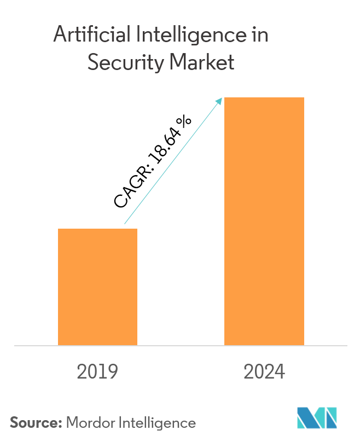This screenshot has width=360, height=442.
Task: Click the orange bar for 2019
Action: pos(97,287)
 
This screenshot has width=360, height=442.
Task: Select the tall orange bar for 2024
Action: pos(264,221)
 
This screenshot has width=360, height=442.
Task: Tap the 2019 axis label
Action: pos(97,372)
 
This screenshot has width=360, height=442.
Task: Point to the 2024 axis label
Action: pos(264,372)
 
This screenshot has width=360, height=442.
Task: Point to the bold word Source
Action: pos(36,422)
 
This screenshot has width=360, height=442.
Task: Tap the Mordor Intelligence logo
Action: pos(317,418)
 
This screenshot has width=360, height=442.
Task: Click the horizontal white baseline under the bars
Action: pos(181,346)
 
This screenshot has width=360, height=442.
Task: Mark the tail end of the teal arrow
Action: pos(125,224)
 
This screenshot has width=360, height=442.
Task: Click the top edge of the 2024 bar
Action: pos(264,98)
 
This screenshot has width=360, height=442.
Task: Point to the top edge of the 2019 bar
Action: pos(97,229)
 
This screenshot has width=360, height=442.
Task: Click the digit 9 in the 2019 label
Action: pos(113,372)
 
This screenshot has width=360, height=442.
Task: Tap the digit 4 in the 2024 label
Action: pos(280,372)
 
